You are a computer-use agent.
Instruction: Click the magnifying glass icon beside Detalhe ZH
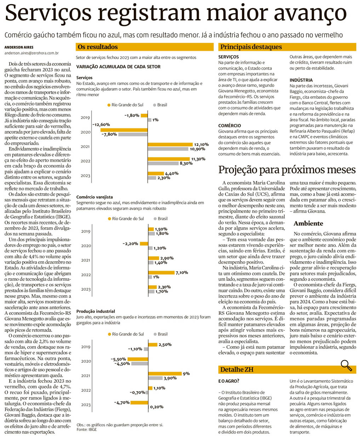pos(346,365)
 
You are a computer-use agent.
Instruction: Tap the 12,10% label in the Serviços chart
pos(201,144)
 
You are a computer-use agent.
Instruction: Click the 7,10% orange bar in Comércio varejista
pos(161,273)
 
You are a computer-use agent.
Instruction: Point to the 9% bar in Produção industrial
pos(165,374)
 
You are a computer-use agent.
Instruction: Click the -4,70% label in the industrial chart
pos(121,403)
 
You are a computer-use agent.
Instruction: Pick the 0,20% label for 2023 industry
pos(156,407)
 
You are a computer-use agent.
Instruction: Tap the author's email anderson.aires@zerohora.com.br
pos(32,53)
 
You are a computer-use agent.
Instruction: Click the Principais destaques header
pos(251,47)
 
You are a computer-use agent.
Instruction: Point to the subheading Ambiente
pos(308,223)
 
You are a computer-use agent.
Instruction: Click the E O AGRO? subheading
pos(229,381)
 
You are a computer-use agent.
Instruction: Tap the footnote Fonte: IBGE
pos(86,429)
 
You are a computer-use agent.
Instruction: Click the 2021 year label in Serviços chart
pos(85,147)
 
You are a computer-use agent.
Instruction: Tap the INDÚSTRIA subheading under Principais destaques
pos(301,80)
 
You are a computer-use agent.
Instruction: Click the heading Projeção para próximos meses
pos(287,170)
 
